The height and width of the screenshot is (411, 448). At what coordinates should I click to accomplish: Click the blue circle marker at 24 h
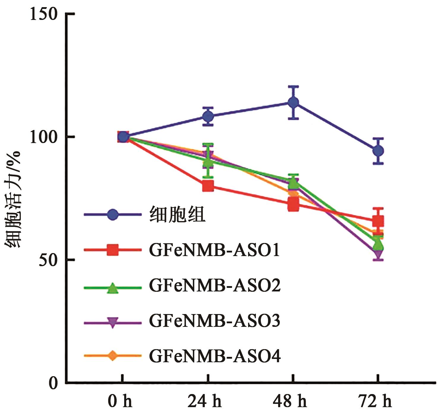[208, 116]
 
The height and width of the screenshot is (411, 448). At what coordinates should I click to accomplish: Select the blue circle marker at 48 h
[293, 103]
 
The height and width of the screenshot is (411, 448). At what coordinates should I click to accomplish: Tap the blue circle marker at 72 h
[378, 151]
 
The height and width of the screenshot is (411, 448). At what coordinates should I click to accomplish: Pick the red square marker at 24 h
[208, 186]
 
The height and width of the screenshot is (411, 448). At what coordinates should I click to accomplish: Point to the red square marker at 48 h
[293, 205]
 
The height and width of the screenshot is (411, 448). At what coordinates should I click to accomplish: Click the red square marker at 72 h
[378, 221]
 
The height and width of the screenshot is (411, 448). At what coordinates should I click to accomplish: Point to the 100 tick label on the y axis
[44, 137]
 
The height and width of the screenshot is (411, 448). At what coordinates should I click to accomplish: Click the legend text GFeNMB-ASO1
[214, 250]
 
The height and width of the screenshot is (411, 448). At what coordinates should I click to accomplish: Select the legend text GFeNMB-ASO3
[214, 321]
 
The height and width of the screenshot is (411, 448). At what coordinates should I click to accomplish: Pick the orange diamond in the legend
[112, 356]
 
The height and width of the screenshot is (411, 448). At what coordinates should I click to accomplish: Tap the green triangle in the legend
[112, 288]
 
